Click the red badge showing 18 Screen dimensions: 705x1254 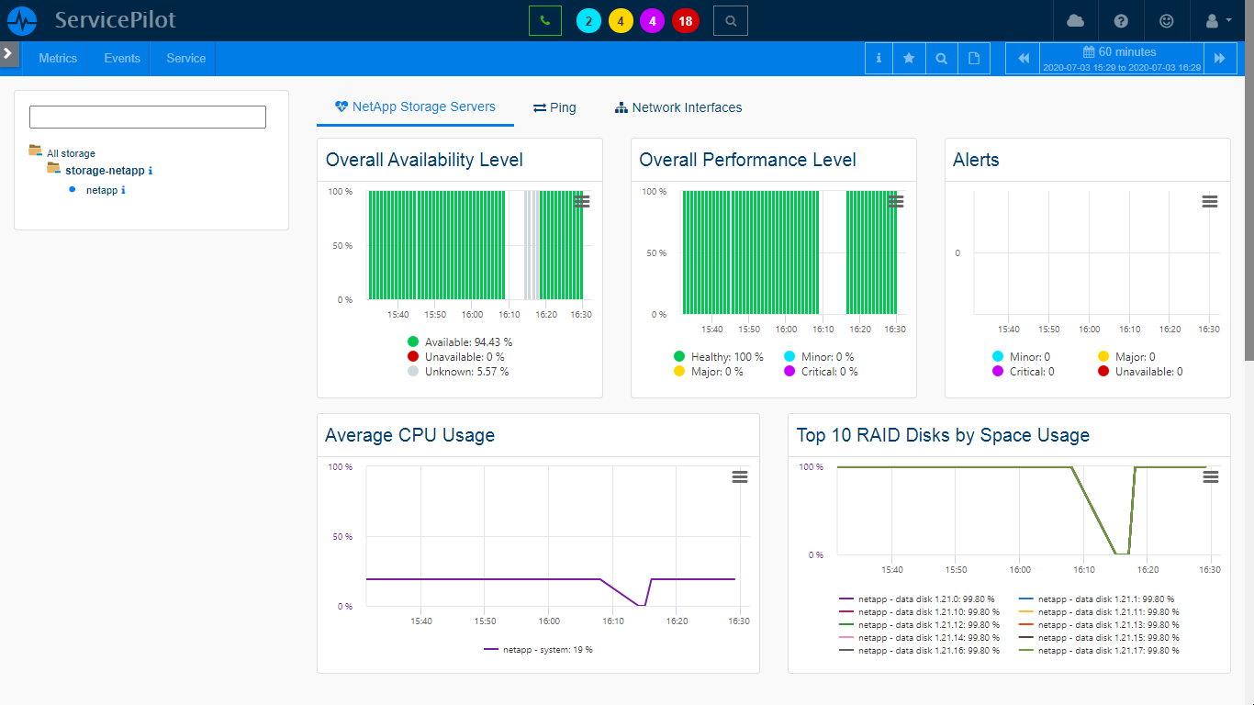pos(685,21)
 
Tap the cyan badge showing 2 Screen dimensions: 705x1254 pos(588,21)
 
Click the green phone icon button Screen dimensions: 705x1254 pos(544,20)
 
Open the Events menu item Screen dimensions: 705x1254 pos(122,58)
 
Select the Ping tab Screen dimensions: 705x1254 pos(554,107)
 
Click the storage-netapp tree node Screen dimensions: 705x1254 pos(104,171)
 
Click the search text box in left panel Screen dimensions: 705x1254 pos(148,117)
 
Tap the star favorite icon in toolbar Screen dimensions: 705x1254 pos(909,58)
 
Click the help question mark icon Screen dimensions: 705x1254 pos(1121,21)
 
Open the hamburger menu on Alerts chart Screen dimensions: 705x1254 pos(1210,201)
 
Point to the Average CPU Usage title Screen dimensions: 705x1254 pos(409,435)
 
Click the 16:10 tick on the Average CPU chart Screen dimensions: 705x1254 pos(612,621)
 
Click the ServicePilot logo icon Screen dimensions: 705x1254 pos(21,20)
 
